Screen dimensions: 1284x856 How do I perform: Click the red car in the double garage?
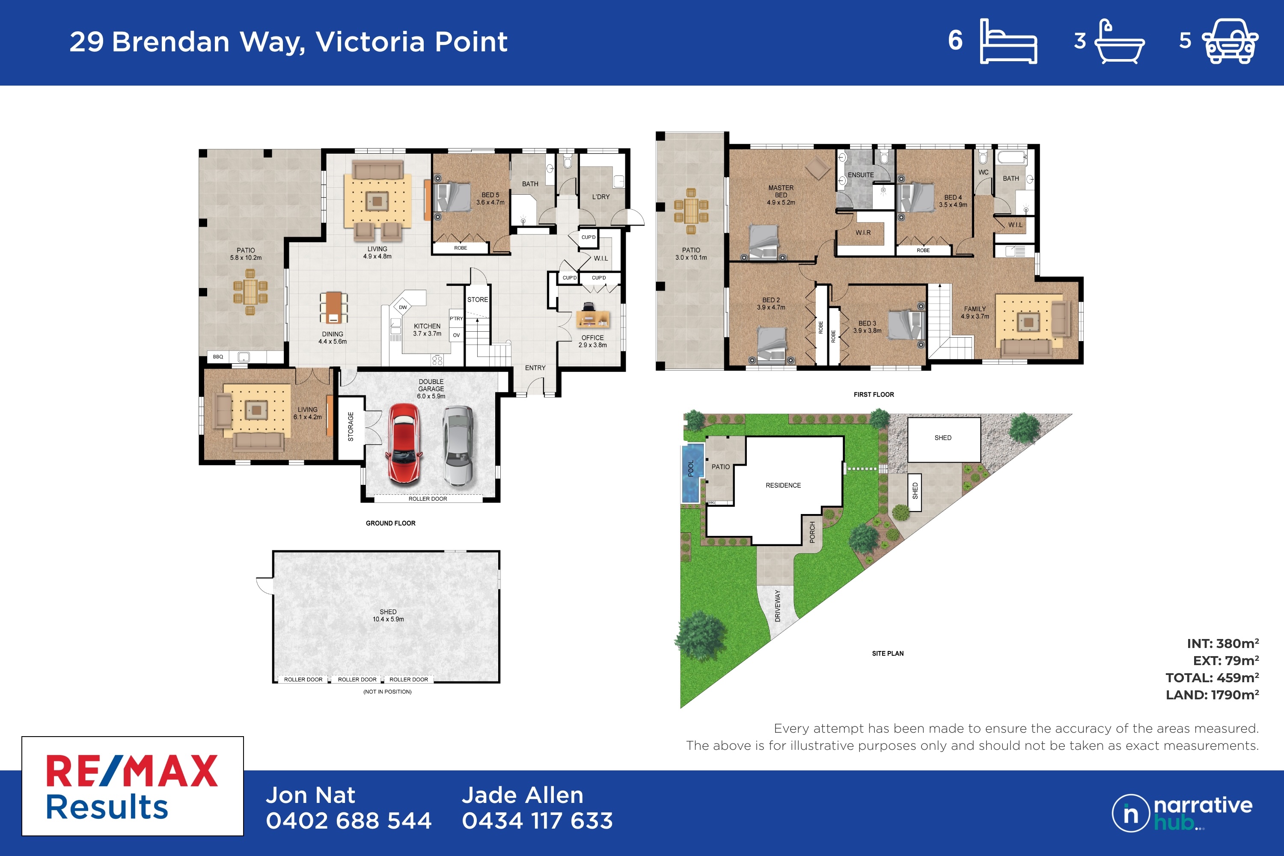pos(404,444)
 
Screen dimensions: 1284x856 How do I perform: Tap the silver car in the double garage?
pos(458,446)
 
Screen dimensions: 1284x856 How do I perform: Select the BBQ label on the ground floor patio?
pos(218,357)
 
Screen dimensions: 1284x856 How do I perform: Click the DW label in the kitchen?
pos(403,307)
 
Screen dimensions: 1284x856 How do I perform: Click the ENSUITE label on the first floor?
pos(860,175)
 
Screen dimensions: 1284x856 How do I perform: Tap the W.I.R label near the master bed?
pos(863,232)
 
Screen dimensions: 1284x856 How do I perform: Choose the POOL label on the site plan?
pos(691,468)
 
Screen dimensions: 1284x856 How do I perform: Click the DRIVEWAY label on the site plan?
pos(777,606)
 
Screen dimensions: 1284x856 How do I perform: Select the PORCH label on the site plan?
pos(812,532)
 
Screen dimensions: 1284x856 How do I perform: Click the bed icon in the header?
pos(1008,41)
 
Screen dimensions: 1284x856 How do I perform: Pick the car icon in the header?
pos(1230,42)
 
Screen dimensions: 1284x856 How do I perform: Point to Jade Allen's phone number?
pos(537,820)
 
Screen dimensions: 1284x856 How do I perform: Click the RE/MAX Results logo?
pos(133,786)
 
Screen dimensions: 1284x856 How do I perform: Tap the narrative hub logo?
pos(1183,813)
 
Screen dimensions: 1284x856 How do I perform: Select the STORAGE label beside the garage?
pos(351,426)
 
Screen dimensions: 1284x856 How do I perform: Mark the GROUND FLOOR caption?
pos(390,523)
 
